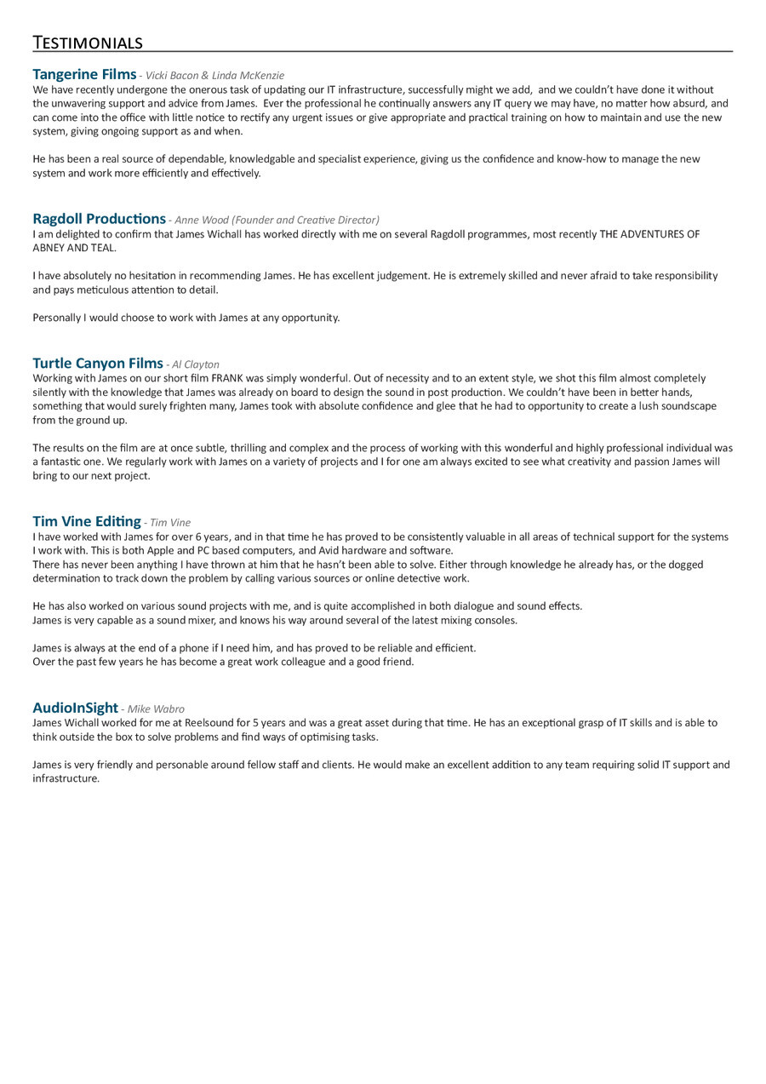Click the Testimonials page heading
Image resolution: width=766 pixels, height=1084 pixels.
click(x=88, y=43)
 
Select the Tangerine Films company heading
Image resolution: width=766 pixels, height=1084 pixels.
click(x=84, y=74)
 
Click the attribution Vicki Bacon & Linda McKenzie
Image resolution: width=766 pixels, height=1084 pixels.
click(x=214, y=76)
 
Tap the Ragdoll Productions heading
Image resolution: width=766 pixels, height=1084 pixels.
click(x=99, y=219)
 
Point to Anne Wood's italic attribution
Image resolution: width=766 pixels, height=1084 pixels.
click(x=277, y=220)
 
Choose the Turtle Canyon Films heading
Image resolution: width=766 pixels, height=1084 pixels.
click(x=98, y=364)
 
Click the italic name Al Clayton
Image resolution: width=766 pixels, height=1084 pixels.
click(x=195, y=364)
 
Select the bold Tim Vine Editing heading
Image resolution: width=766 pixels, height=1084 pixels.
click(x=87, y=521)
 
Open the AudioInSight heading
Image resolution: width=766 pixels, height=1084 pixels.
click(x=75, y=708)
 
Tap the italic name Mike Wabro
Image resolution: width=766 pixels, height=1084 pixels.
click(x=156, y=708)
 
